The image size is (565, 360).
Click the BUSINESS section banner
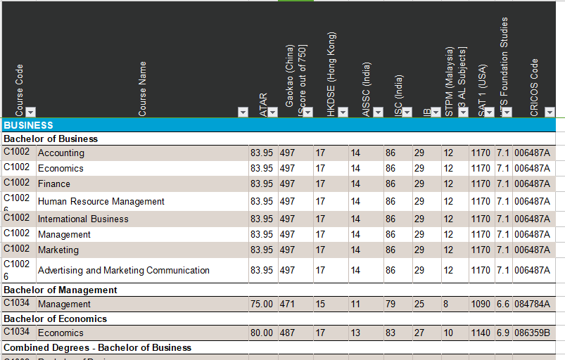tap(29, 125)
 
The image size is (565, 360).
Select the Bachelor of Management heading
tap(61, 290)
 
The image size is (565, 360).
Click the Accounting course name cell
tap(61, 153)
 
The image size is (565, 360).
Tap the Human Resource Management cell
tap(101, 202)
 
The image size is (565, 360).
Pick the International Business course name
tap(83, 219)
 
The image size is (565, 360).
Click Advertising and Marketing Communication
tap(124, 271)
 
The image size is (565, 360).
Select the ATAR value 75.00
tap(262, 304)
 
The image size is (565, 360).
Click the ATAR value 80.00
tap(262, 333)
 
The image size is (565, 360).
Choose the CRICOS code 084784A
tap(532, 304)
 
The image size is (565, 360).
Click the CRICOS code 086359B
tap(532, 333)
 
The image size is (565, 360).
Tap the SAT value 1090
tap(481, 304)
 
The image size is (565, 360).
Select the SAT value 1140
tap(481, 333)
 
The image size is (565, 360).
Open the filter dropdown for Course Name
tap(243, 112)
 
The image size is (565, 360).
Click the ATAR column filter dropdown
tap(272, 112)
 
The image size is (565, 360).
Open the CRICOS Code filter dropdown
tap(550, 112)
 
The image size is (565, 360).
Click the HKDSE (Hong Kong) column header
tap(331, 70)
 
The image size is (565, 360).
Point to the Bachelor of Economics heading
tap(56, 319)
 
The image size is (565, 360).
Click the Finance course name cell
tap(54, 184)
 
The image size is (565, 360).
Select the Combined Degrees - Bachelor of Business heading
tap(98, 347)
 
